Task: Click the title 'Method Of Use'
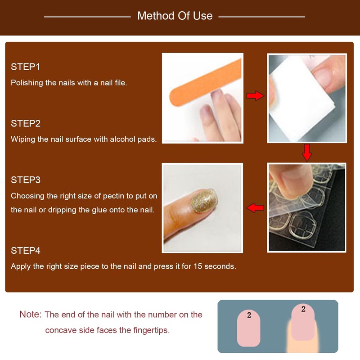tap(175, 16)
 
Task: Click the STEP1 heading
tap(26, 67)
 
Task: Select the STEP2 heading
tap(26, 123)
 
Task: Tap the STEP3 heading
tap(26, 180)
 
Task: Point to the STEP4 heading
tap(26, 251)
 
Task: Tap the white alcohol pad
tap(297, 103)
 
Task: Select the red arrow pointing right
tap(255, 95)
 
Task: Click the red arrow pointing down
tap(307, 153)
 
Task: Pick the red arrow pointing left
tap(255, 207)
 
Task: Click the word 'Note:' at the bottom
tap(30, 315)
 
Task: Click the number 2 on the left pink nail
tap(249, 315)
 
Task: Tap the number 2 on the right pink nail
tap(303, 309)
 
